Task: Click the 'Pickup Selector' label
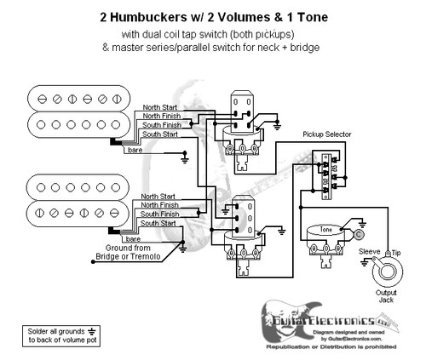(x=328, y=134)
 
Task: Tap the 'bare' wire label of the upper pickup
(x=135, y=151)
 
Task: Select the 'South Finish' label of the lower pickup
(x=161, y=214)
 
